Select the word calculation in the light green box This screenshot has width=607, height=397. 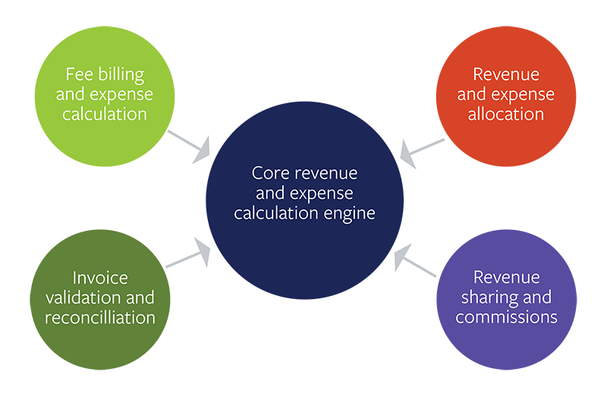[x=105, y=115]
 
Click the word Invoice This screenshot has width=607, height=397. [x=100, y=277]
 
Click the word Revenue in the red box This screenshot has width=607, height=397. [x=506, y=74]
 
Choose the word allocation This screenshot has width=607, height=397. [x=506, y=115]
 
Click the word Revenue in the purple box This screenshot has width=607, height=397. [x=506, y=277]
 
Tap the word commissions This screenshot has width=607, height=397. [x=506, y=317]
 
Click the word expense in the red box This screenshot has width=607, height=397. [x=528, y=95]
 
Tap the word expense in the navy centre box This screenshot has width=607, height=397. [x=323, y=194]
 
